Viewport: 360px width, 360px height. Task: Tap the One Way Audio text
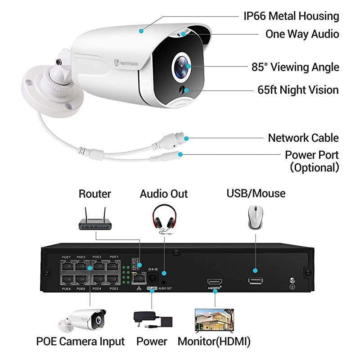(301, 34)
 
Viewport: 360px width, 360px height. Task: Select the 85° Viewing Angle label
(295, 67)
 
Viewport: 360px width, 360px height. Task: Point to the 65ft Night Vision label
(296, 90)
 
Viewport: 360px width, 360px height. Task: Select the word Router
(94, 194)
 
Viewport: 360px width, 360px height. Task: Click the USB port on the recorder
(255, 281)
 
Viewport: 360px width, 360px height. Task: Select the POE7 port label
(66, 257)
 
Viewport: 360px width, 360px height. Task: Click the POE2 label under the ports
(114, 288)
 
